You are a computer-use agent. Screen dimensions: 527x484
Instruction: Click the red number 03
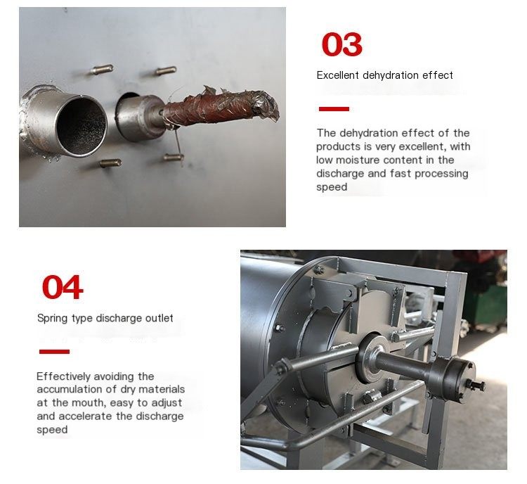point(341,44)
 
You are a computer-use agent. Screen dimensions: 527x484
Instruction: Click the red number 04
point(63,287)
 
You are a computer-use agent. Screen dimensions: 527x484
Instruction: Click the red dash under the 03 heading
point(334,109)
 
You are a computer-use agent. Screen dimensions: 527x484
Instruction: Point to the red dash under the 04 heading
point(54,352)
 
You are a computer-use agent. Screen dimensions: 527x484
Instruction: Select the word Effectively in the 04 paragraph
point(63,376)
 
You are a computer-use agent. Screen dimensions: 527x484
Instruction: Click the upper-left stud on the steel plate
point(102,70)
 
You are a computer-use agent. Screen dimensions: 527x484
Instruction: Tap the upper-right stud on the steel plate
point(166,70)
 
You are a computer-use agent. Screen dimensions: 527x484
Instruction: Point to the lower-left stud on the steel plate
point(111,163)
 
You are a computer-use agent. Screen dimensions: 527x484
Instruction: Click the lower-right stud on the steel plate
point(174,156)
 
